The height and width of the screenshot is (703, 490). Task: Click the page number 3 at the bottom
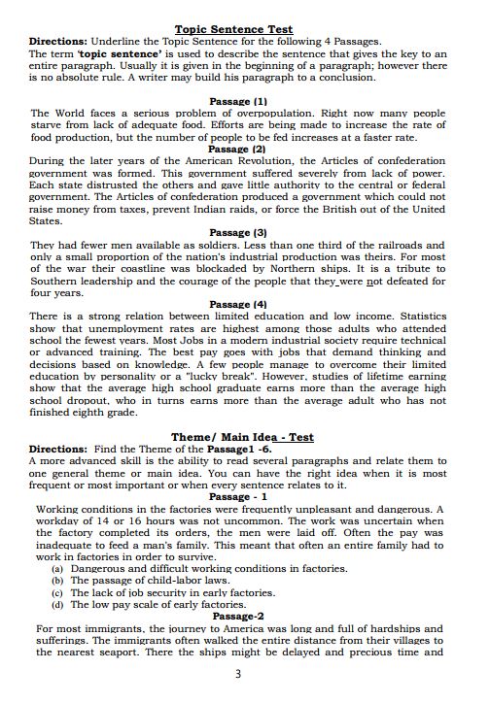click(x=238, y=674)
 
